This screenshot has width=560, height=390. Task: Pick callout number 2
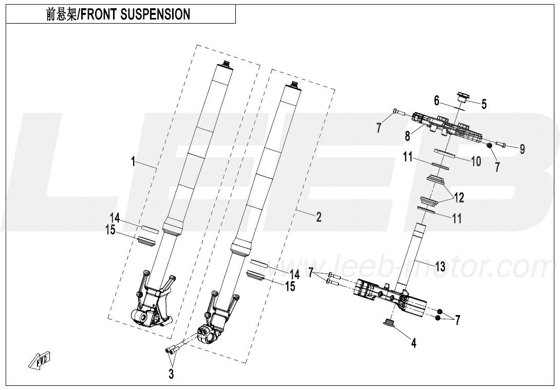point(319,217)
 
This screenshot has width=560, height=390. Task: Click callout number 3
point(171,375)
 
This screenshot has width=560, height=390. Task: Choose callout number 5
point(483,104)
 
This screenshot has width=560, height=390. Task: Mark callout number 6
point(437,100)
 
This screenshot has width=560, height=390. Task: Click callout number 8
point(407,136)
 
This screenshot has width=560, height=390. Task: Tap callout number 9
point(522,149)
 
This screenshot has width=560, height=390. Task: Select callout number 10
point(476,161)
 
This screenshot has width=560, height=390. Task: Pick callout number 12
point(459,197)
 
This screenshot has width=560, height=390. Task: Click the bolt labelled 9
point(503,145)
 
